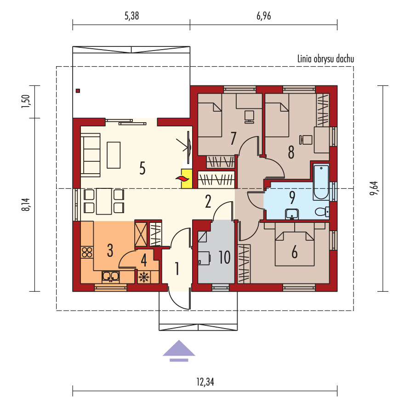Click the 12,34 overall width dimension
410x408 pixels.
pyautogui.click(x=205, y=382)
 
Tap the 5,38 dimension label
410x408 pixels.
pyautogui.click(x=131, y=16)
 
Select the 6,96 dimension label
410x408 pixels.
pyautogui.click(x=263, y=16)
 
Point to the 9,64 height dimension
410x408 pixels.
pyautogui.click(x=374, y=188)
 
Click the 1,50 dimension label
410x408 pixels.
pyautogui.click(x=26, y=102)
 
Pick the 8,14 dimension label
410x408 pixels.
pyautogui.click(x=26, y=204)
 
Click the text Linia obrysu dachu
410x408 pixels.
pyautogui.click(x=325, y=59)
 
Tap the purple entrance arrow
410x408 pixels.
pyautogui.click(x=179, y=351)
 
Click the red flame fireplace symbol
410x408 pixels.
pyautogui.click(x=182, y=179)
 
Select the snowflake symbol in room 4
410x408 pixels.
pyautogui.click(x=143, y=277)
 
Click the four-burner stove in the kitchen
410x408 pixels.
pyautogui.click(x=87, y=252)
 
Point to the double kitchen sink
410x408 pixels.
pyautogui.click(x=111, y=277)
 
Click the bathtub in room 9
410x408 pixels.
pyautogui.click(x=321, y=182)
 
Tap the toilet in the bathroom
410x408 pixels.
pyautogui.click(x=322, y=211)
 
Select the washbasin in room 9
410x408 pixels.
pyautogui.click(x=291, y=214)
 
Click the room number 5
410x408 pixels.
pyautogui.click(x=142, y=168)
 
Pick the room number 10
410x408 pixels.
pyautogui.click(x=224, y=257)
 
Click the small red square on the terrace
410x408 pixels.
pyautogui.click(x=78, y=91)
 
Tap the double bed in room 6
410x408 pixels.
pyautogui.click(x=295, y=249)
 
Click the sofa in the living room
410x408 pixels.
pyautogui.click(x=91, y=155)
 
